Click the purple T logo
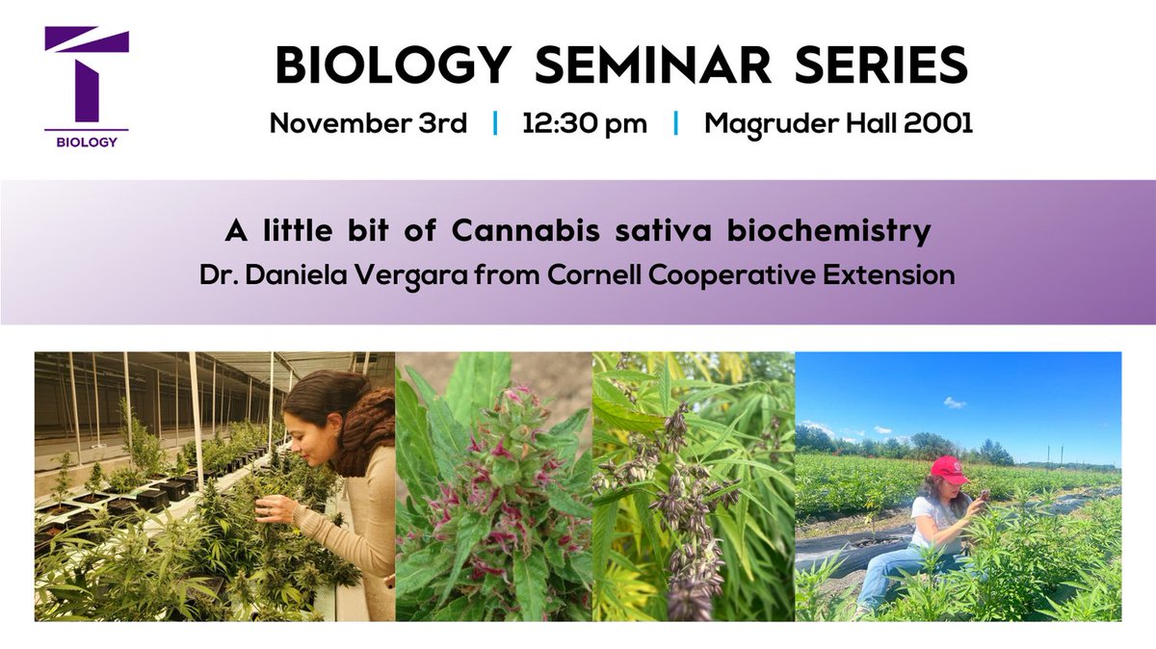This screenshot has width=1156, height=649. [86, 77]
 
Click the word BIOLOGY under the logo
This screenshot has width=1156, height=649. [86, 143]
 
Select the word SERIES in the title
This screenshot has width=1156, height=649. [885, 66]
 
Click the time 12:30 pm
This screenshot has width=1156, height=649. [584, 124]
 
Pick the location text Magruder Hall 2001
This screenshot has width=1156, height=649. [838, 124]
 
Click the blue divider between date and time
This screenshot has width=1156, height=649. [495, 124]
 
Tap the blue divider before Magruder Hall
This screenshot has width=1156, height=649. [675, 124]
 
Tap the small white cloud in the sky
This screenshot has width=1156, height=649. [954, 402]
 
